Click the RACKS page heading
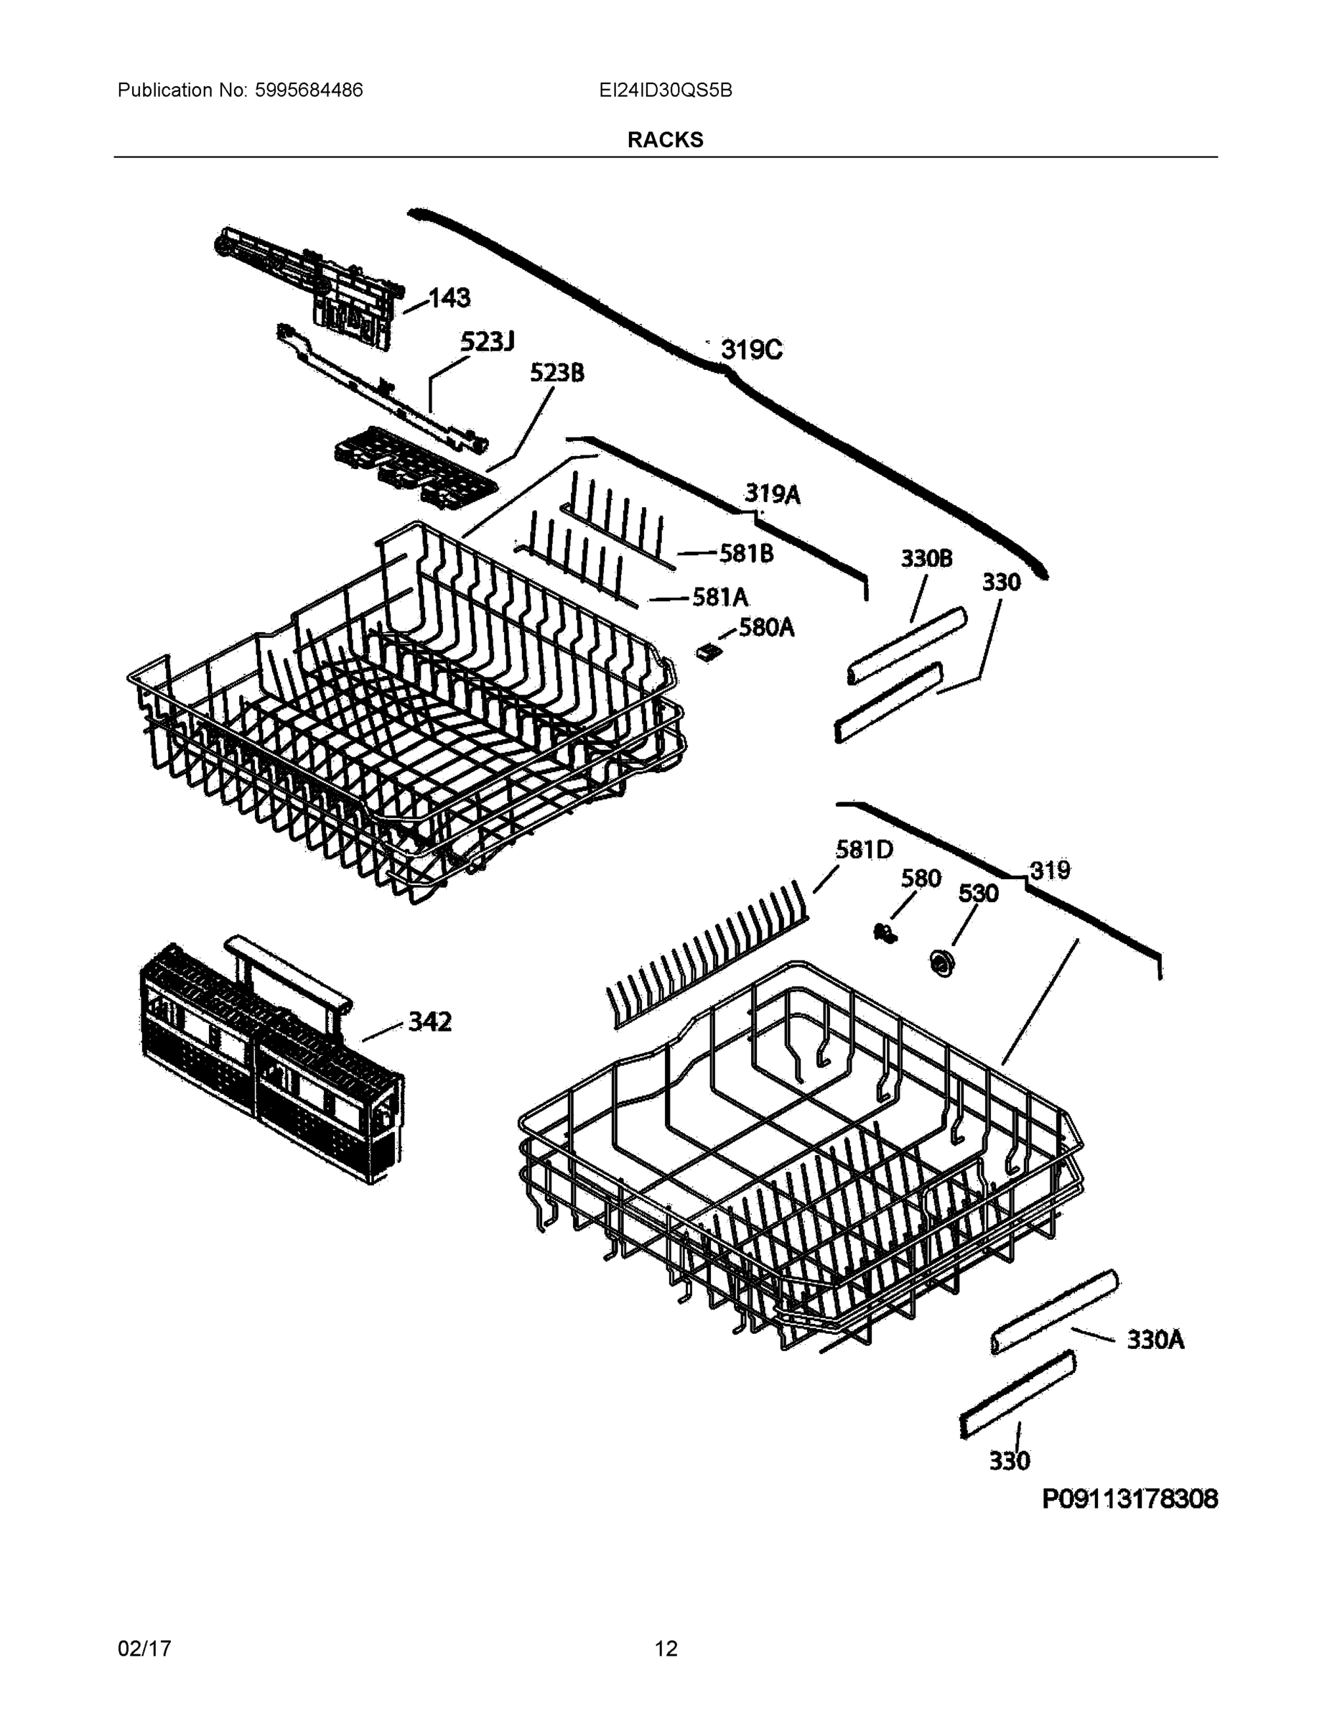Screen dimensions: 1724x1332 coord(664,140)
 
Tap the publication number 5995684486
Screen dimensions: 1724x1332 coord(309,90)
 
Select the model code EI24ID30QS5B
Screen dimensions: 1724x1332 coord(665,90)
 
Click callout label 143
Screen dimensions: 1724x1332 coord(449,298)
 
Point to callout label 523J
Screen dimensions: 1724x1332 coord(487,342)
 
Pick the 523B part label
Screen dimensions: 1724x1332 coord(556,373)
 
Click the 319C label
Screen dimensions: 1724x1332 coord(750,349)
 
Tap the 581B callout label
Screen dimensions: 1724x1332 coord(745,553)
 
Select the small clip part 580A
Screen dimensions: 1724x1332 coord(709,650)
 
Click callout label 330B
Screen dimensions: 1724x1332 coord(926,558)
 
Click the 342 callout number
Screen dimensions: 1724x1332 coord(429,1021)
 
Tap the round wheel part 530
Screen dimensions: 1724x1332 coord(942,963)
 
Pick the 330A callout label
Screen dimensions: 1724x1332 coord(1155,1339)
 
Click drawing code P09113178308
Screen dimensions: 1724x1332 coord(1130,1498)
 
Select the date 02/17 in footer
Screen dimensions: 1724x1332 coord(144,1649)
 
